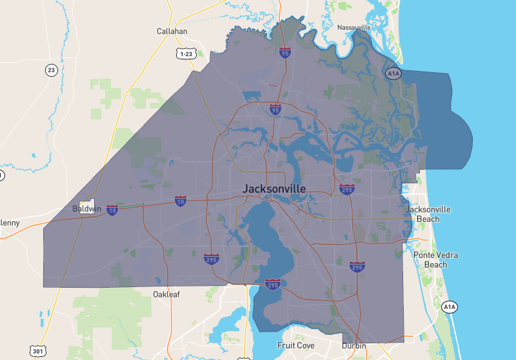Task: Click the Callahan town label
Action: point(172,31)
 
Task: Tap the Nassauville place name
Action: point(354,28)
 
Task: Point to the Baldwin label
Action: point(87,209)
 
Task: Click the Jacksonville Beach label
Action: point(428,214)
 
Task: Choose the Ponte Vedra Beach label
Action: point(435,259)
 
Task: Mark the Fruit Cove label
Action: point(295,346)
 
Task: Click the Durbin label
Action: point(354,346)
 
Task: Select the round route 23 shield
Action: point(51,70)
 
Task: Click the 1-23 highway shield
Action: point(186,54)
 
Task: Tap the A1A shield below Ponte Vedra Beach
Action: point(450,307)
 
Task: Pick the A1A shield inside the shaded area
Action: point(393,74)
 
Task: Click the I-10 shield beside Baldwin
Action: point(112,210)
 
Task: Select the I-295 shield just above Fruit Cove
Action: point(272,285)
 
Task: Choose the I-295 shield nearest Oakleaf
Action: point(211,259)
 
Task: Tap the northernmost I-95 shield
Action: point(284,52)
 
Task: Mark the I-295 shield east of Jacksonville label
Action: point(346,188)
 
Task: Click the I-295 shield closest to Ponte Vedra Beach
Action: point(357,266)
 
